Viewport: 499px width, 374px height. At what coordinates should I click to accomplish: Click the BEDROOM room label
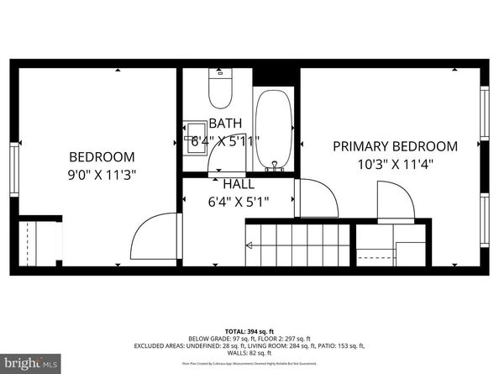(102, 156)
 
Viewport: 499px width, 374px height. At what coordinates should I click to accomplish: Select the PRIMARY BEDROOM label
(395, 146)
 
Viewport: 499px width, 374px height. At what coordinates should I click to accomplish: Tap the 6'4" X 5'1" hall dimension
(239, 201)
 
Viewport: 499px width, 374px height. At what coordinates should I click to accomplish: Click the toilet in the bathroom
(220, 91)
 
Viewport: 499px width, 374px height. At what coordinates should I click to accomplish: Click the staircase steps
(294, 244)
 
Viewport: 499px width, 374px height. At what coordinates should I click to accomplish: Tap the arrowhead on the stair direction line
(249, 245)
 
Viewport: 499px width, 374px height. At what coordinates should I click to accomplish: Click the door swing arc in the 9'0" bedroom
(155, 238)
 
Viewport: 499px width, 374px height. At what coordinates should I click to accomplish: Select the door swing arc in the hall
(319, 198)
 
